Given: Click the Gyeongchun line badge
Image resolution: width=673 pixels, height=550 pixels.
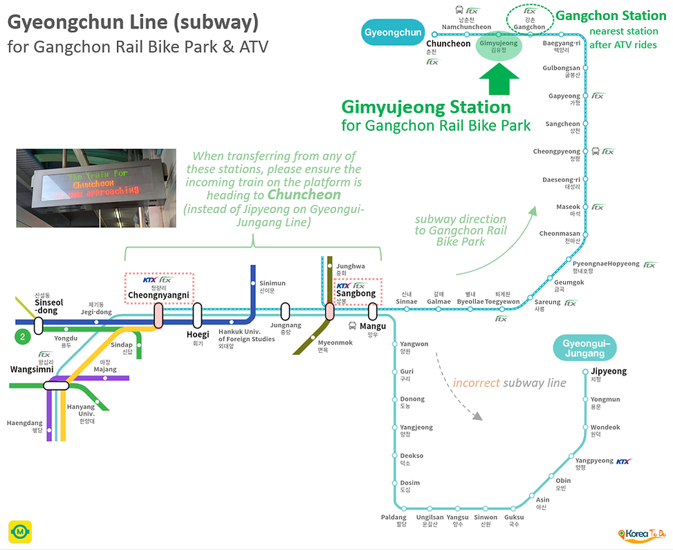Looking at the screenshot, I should (x=393, y=33).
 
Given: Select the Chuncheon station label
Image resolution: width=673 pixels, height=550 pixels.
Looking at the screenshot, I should (x=448, y=44).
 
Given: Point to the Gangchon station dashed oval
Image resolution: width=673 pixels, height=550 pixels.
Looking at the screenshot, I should (x=530, y=20).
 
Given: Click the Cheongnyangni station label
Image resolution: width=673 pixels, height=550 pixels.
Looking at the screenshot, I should (x=158, y=295).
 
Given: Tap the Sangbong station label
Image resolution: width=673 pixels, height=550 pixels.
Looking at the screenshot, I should (x=356, y=293).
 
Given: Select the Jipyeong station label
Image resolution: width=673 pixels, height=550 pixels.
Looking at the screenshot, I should (x=609, y=372).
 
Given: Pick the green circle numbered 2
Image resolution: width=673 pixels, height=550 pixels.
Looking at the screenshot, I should (x=24, y=337).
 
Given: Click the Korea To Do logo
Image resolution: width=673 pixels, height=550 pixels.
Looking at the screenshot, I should (x=641, y=533).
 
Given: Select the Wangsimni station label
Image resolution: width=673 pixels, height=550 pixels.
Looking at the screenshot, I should (x=32, y=369).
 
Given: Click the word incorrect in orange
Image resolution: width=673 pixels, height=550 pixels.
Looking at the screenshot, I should (x=476, y=383).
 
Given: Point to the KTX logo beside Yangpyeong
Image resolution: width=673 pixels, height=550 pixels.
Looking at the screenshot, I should (x=623, y=461).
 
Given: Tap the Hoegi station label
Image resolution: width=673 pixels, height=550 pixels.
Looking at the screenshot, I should (x=197, y=334).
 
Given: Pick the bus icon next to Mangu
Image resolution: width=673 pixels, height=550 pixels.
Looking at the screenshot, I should (x=352, y=326).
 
